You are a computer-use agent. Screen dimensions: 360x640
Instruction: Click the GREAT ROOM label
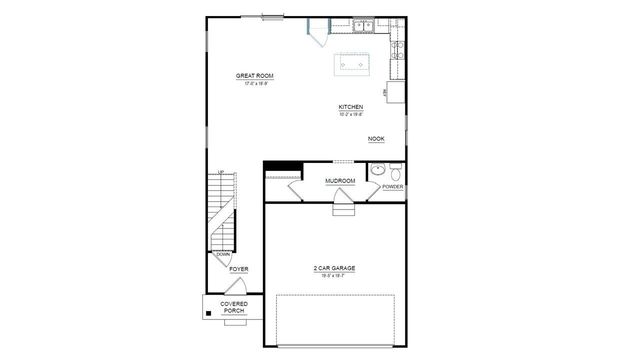(255, 76)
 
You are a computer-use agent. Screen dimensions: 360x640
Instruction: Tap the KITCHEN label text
(350, 106)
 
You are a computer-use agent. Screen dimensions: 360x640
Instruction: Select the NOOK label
(376, 139)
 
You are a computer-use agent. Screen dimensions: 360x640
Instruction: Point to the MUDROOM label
(341, 181)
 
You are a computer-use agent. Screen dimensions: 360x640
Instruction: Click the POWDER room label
(392, 187)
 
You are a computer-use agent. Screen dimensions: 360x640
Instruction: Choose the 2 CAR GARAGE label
(335, 268)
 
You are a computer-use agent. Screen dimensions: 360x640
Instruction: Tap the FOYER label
(239, 269)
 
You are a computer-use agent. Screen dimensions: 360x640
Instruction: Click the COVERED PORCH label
(234, 307)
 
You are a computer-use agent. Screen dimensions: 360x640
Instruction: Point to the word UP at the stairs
(220, 173)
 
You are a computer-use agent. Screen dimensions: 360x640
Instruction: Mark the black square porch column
(209, 314)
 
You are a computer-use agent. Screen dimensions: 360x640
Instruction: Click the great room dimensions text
(255, 84)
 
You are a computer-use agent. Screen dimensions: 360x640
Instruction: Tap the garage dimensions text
(335, 275)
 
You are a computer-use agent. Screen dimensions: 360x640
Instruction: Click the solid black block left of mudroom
(283, 166)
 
